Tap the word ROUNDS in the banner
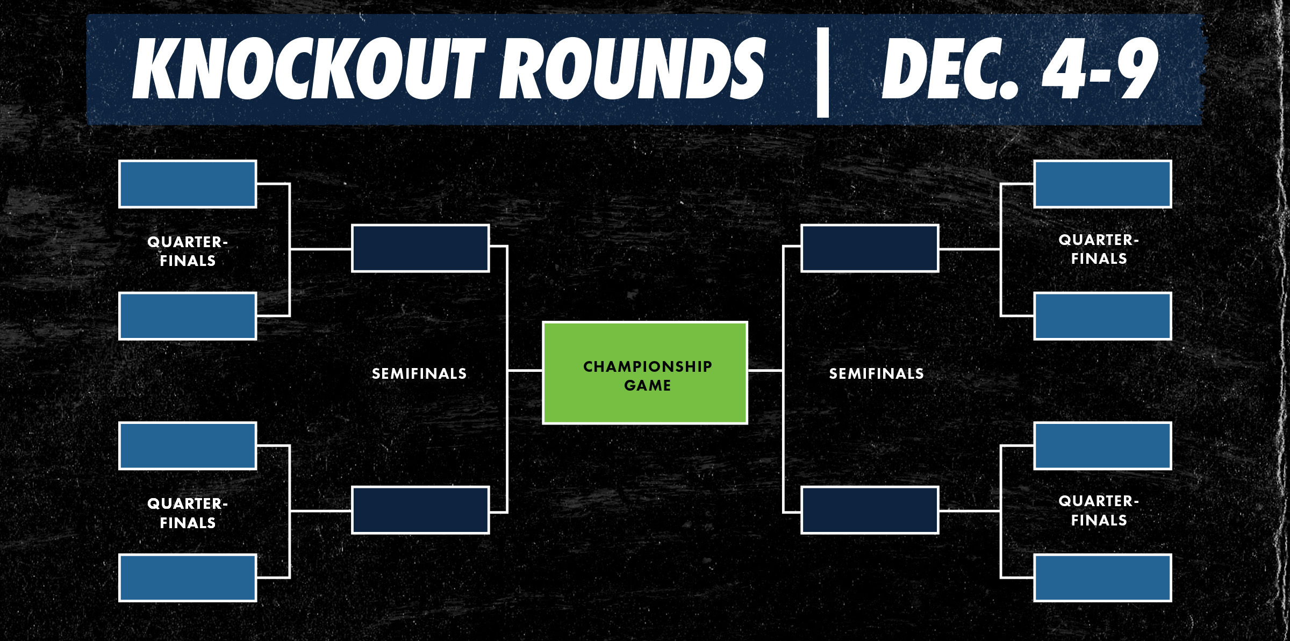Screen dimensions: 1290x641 (632, 69)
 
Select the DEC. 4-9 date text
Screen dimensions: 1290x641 (1020, 69)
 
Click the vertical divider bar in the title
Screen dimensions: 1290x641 (822, 72)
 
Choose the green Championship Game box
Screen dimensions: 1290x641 (645, 373)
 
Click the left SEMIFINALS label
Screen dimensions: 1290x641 (419, 373)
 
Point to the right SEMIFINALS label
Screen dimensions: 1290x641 (876, 373)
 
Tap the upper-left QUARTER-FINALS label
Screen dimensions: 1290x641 (188, 251)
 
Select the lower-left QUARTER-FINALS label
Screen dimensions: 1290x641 (188, 513)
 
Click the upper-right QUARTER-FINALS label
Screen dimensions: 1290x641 (1099, 249)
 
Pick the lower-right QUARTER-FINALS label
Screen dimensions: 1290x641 (1099, 510)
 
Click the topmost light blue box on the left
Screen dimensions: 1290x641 (188, 184)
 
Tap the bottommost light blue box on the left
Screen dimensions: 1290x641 (188, 578)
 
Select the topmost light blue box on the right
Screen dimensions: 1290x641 (1102, 184)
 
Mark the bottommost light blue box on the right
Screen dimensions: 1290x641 (1102, 578)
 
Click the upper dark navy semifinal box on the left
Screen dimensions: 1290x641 (420, 248)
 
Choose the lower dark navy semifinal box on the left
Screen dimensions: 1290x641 (420, 510)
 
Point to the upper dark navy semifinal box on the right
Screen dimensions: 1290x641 (870, 248)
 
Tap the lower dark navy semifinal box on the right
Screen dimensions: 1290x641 (870, 510)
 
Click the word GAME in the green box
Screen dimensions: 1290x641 (647, 385)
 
